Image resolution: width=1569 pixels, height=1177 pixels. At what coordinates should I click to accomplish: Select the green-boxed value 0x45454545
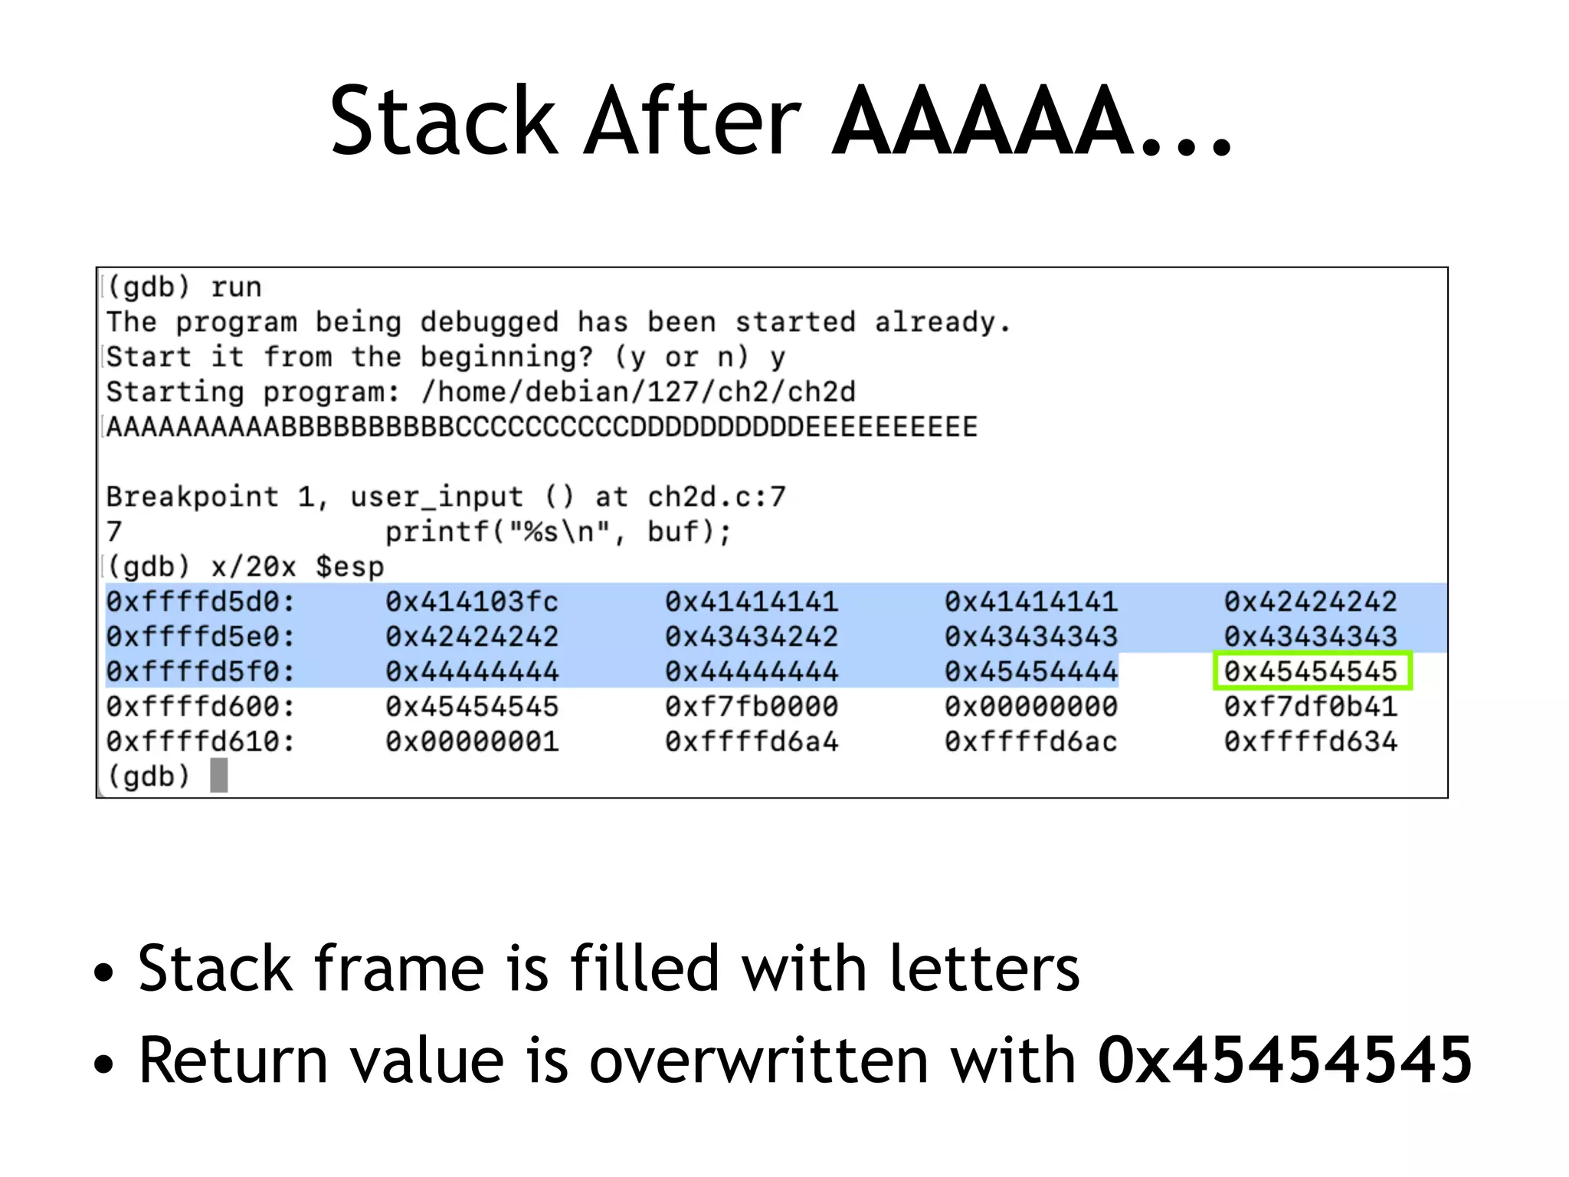(x=1311, y=672)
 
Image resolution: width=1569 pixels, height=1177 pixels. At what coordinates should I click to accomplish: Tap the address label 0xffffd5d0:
(x=201, y=602)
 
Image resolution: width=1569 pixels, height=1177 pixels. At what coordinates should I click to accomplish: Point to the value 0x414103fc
(x=472, y=602)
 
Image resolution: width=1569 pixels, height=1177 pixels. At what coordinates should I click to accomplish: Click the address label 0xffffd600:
(x=201, y=707)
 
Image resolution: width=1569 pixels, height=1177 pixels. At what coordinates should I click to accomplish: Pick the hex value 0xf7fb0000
(x=752, y=707)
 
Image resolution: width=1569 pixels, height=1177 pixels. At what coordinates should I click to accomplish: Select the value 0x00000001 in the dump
(x=472, y=743)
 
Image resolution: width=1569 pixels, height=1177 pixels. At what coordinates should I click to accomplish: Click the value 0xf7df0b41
(x=1311, y=707)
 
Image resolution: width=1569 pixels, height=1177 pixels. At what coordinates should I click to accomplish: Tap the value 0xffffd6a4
(x=752, y=743)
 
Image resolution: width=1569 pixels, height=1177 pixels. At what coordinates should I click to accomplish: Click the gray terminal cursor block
(x=219, y=775)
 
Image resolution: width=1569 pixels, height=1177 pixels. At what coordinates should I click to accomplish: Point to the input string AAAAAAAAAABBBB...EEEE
(x=542, y=428)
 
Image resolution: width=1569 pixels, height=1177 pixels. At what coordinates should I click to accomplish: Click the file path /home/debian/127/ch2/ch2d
(x=638, y=392)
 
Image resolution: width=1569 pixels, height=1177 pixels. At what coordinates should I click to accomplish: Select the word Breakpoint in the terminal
(x=192, y=497)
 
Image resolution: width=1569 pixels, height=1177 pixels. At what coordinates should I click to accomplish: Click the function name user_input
(x=437, y=497)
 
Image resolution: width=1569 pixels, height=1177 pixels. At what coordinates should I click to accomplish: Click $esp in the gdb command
(x=349, y=567)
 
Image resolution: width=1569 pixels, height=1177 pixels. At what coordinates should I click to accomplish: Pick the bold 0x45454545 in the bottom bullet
(x=1285, y=1061)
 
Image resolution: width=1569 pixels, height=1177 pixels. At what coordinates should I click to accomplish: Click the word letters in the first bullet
(x=984, y=969)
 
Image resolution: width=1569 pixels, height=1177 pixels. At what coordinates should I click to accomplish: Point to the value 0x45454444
(x=1031, y=672)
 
